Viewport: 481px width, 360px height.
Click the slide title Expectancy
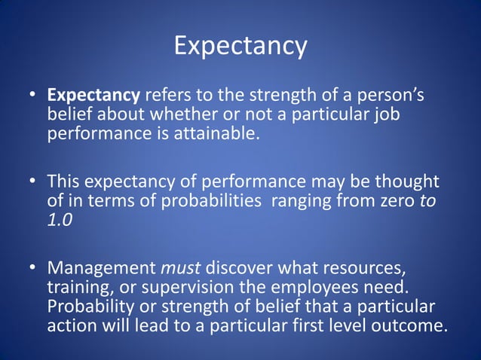(x=240, y=46)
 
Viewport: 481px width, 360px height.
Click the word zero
(x=394, y=201)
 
